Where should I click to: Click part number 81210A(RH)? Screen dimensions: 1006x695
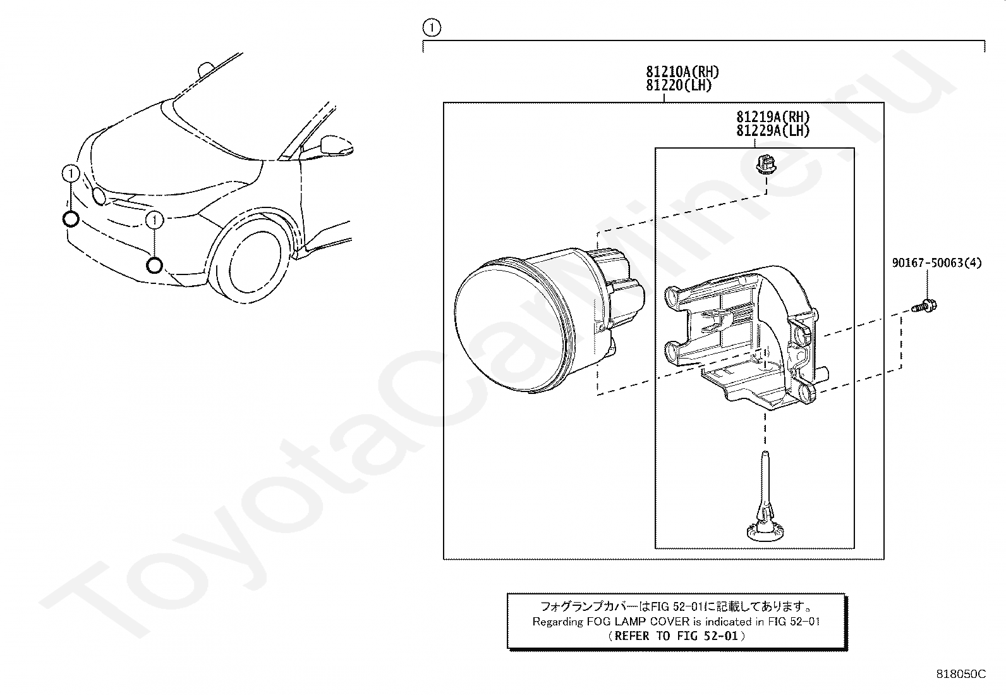[x=682, y=71]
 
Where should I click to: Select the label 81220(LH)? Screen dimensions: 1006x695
[x=679, y=85]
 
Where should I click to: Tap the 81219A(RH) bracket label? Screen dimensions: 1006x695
[x=772, y=117]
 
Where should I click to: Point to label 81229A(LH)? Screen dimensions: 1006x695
[x=772, y=131]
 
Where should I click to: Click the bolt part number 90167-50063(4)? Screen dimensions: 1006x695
[x=936, y=262]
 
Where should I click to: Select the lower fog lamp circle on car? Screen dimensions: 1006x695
[x=154, y=265]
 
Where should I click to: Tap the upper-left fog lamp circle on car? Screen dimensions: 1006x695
[x=71, y=219]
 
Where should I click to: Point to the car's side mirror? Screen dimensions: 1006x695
[x=336, y=145]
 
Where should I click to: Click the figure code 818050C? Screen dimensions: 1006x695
[x=961, y=674]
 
